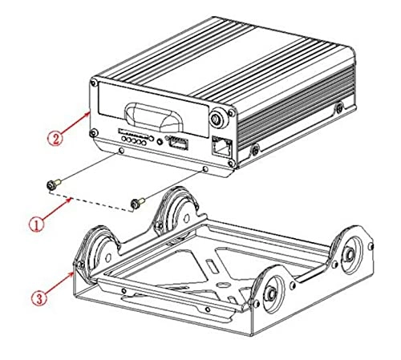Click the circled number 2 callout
(55, 138)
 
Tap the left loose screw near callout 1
(51, 185)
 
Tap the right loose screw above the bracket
(138, 202)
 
